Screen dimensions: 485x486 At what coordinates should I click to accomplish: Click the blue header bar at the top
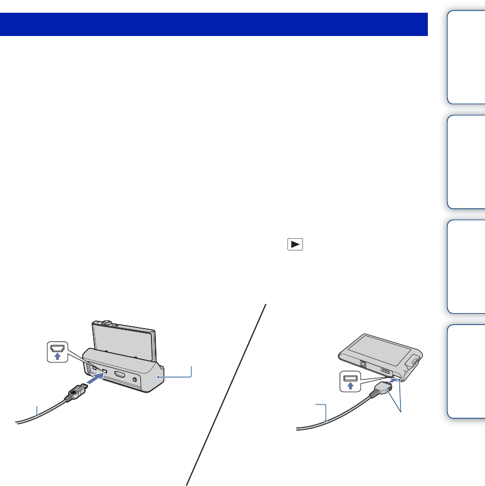point(214,24)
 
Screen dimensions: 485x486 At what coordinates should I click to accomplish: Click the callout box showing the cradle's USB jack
point(55,351)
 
